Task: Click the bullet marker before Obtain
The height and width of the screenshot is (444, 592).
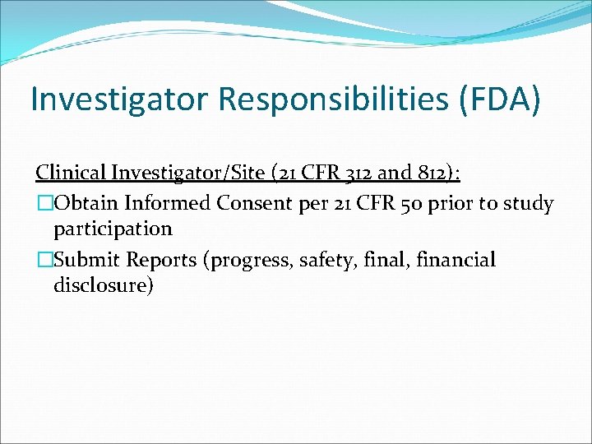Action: tap(43, 203)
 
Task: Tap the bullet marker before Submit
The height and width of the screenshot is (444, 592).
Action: tap(43, 261)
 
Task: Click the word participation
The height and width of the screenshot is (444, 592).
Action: tap(113, 229)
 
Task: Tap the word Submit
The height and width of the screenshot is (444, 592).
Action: tap(86, 261)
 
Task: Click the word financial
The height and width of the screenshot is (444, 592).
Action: tap(456, 261)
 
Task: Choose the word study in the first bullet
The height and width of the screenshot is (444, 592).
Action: tap(530, 203)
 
